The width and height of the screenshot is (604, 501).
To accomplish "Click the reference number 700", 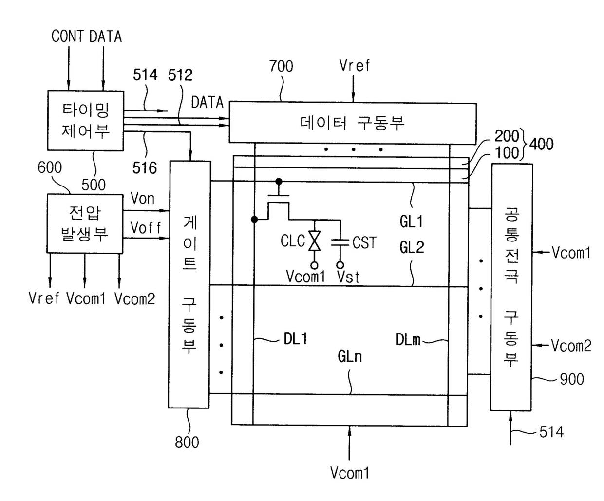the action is [281, 66].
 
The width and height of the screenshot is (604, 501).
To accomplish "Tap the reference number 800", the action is [187, 442].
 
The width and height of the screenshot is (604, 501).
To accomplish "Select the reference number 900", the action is [572, 379].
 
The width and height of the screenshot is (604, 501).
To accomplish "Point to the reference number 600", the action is [50, 167].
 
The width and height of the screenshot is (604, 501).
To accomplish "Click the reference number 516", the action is [145, 167].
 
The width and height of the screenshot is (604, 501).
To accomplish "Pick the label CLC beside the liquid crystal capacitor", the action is [293, 241].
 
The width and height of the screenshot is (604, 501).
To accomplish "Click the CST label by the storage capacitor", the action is [364, 242].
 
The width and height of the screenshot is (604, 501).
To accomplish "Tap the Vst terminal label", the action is [348, 277].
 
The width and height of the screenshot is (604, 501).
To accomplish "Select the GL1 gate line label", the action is [411, 222].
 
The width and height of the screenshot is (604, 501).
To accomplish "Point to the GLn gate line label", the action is [350, 356].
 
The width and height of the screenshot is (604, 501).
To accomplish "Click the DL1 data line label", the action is [295, 338].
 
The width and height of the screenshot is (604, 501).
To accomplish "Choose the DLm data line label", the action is [408, 340].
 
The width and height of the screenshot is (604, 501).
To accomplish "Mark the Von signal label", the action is [142, 198].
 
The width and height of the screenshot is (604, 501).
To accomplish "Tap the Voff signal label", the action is [146, 227].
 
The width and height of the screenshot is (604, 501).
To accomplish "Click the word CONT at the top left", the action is [68, 36].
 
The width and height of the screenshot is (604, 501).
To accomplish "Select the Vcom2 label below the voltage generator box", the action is [135, 298].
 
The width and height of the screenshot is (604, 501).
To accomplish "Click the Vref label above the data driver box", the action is [355, 65].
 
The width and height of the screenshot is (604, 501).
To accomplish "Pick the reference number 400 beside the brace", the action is [542, 144].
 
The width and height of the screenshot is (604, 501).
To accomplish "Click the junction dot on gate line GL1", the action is [279, 182].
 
